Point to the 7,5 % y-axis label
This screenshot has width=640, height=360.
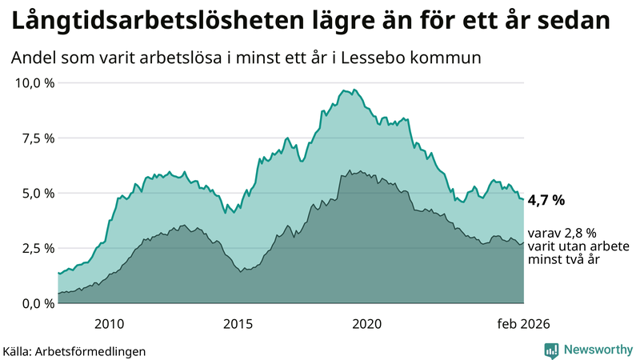click(x=35, y=138)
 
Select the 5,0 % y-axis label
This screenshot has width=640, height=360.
click(x=35, y=194)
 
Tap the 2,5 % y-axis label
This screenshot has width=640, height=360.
click(x=35, y=248)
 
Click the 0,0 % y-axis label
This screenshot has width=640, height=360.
click(x=35, y=303)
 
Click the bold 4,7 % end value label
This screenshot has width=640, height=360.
click(x=547, y=199)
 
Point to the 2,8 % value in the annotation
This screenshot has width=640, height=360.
click(x=580, y=233)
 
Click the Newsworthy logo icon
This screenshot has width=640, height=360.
click(x=551, y=350)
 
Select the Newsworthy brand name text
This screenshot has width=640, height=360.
click(x=597, y=350)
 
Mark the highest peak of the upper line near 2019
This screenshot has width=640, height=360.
click(x=344, y=90)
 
